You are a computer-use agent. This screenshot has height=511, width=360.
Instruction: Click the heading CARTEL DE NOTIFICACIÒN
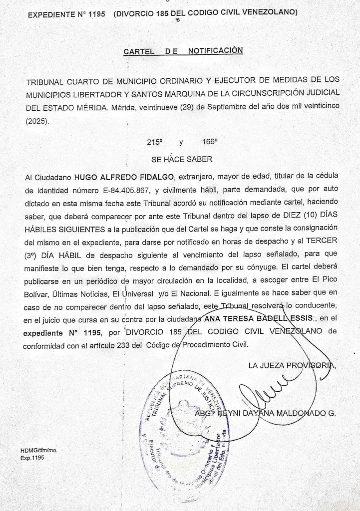click(x=183, y=51)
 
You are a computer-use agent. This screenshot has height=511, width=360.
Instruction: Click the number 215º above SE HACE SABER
click(x=155, y=142)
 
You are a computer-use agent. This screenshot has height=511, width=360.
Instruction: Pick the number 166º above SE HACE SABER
click(x=210, y=142)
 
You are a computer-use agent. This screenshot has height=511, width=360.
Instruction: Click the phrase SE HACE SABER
click(x=182, y=160)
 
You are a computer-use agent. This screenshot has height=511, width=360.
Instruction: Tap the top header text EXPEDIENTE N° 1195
click(x=66, y=15)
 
